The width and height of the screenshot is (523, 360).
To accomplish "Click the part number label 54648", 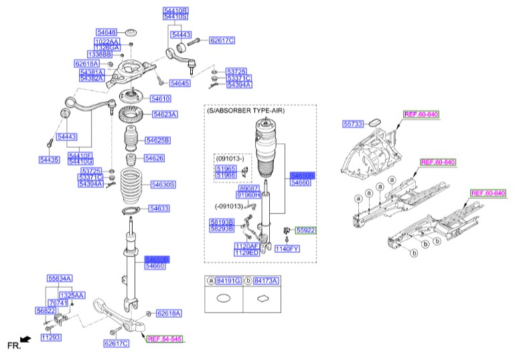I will [x=106, y=32].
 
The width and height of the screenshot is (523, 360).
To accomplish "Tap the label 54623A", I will [x=165, y=114].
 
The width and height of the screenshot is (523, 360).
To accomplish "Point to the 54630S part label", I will [x=163, y=184].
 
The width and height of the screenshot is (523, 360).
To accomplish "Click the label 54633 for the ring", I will [x=159, y=208].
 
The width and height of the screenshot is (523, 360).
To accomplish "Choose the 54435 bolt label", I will [x=50, y=160].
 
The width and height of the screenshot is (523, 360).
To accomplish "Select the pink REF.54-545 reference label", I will [x=164, y=339].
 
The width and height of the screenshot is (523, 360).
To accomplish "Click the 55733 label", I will [x=352, y=124].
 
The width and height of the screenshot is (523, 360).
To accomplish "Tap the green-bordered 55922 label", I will [x=306, y=230].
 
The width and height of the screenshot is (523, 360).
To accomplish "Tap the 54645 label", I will [x=179, y=83].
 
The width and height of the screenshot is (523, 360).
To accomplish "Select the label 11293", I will [x=50, y=338].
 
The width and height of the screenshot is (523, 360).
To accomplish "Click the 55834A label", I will [x=59, y=278].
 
